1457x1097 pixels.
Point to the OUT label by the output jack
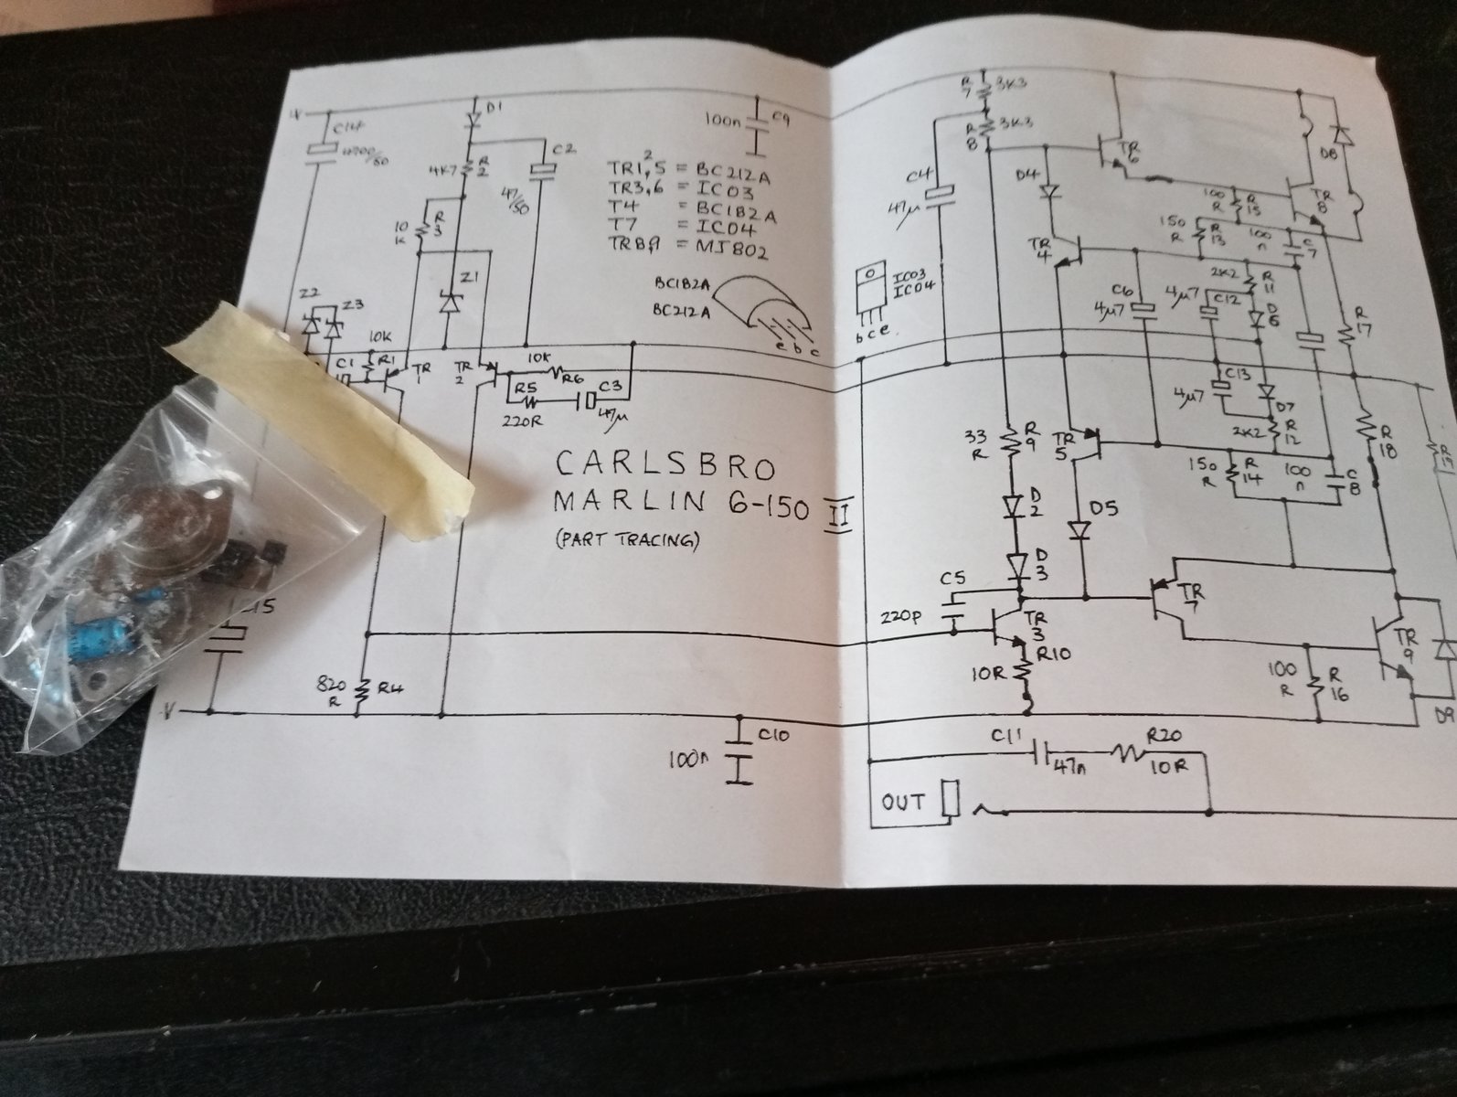pyautogui.click(x=902, y=803)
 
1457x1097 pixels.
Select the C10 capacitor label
pyautogui.click(x=777, y=736)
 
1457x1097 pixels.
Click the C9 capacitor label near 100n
pyautogui.click(x=780, y=118)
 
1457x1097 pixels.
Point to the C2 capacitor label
pyautogui.click(x=562, y=148)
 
